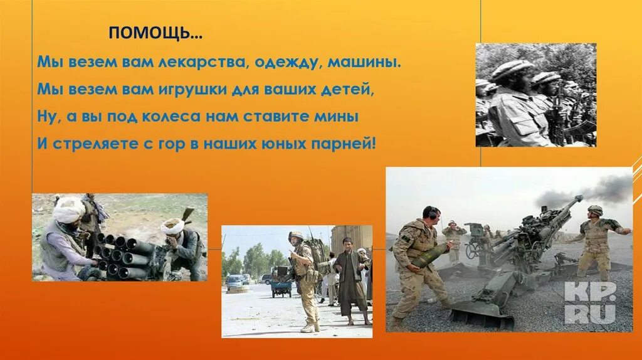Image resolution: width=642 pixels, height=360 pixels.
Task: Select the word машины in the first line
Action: point(365,63)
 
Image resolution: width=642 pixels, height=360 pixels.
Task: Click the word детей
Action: point(348,90)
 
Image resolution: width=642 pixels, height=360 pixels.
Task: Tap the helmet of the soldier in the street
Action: point(296,236)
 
